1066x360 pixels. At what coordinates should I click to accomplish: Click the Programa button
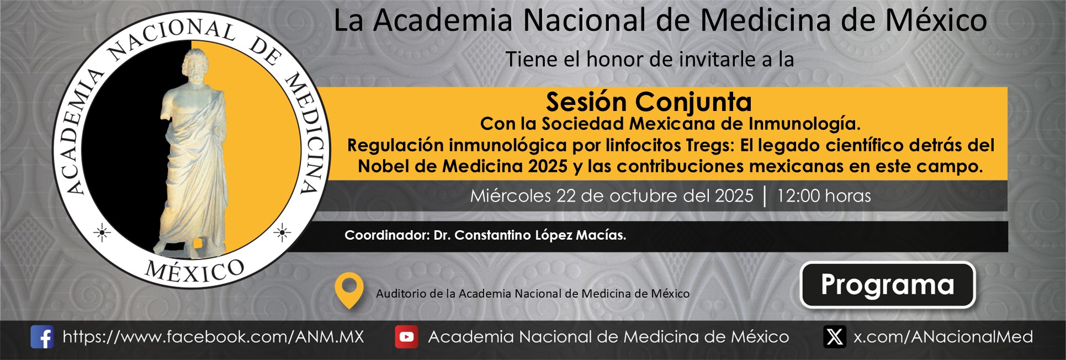point(888,285)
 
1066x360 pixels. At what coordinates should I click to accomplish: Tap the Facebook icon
point(42,337)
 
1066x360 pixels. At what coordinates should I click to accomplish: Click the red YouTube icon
point(406,337)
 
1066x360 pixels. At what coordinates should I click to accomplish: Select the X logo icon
point(835,337)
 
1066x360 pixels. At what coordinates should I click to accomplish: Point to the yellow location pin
point(349,290)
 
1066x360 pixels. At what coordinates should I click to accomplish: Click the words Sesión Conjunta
point(649,102)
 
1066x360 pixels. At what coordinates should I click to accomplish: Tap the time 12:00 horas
point(824,196)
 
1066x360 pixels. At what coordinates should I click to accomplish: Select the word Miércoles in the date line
point(511,196)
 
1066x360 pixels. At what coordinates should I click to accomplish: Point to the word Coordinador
point(386,235)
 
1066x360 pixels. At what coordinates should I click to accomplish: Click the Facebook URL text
point(213,337)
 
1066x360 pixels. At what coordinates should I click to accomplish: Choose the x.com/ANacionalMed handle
point(943,337)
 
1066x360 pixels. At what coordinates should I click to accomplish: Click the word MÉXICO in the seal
point(194,272)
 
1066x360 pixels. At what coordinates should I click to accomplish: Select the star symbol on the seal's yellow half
point(282,233)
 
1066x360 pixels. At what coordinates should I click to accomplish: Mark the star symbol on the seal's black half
point(102,233)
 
